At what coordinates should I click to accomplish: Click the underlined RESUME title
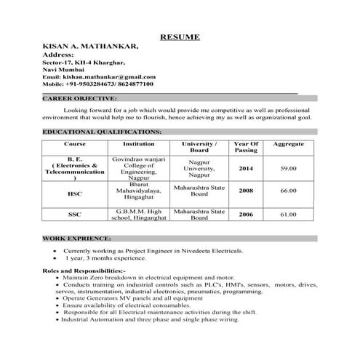tap(180, 36)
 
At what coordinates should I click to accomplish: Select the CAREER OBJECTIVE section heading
tap(79, 97)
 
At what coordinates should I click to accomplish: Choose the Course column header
tap(74, 145)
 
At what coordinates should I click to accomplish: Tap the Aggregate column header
tap(288, 145)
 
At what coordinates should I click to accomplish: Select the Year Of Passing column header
tap(246, 148)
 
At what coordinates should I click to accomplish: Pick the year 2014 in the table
tap(246, 169)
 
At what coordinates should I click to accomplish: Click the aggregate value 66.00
tap(288, 191)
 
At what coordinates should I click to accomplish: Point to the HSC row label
tap(74, 194)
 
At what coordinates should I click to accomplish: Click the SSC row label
tap(74, 215)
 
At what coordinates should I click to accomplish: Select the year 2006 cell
tap(246, 215)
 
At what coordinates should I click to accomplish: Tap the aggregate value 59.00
tap(288, 169)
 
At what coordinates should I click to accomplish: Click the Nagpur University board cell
tap(199, 169)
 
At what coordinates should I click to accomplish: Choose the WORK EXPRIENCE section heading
tap(77, 238)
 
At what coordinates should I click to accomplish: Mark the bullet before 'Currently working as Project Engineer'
tap(56, 250)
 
